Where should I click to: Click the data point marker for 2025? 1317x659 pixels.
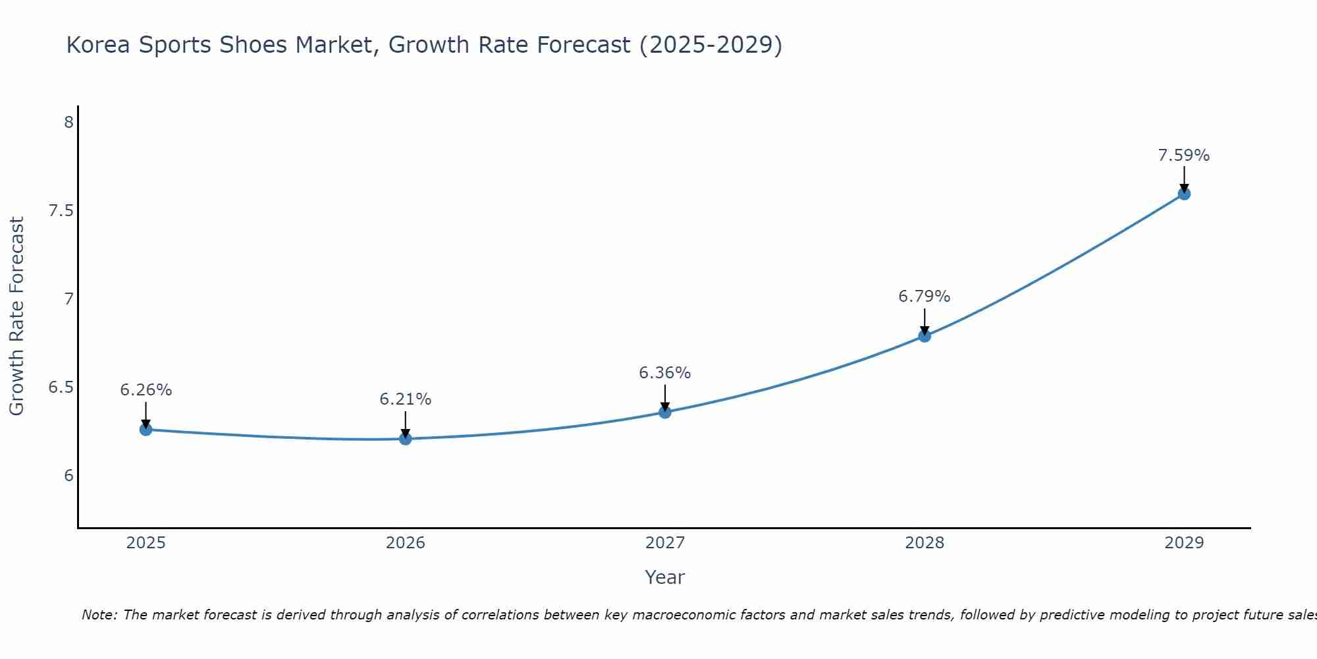[x=146, y=430]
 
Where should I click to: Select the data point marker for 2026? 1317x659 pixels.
[x=406, y=438]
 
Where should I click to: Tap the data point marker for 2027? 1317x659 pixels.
[x=665, y=412]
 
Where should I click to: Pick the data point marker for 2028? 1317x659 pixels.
[x=925, y=336]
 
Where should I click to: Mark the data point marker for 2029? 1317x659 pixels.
[x=1184, y=194]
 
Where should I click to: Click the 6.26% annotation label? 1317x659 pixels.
[x=146, y=390]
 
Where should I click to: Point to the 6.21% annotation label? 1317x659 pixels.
[x=406, y=399]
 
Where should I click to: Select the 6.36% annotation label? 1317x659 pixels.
[x=665, y=373]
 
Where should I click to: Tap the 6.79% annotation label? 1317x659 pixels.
[x=925, y=297]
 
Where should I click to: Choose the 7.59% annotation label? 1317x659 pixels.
[x=1184, y=156]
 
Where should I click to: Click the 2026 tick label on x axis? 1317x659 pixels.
[x=406, y=543]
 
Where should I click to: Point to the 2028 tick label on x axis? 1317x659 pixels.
[x=925, y=543]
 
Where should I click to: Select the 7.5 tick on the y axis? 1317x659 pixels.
[x=61, y=211]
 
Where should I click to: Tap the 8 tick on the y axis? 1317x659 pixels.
[x=68, y=123]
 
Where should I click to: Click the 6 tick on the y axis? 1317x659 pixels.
[x=68, y=476]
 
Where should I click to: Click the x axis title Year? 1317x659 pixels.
[x=665, y=577]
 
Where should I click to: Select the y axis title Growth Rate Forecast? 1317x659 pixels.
[x=17, y=316]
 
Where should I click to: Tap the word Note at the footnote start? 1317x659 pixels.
[x=99, y=615]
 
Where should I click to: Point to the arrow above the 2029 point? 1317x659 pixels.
[x=1184, y=178]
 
